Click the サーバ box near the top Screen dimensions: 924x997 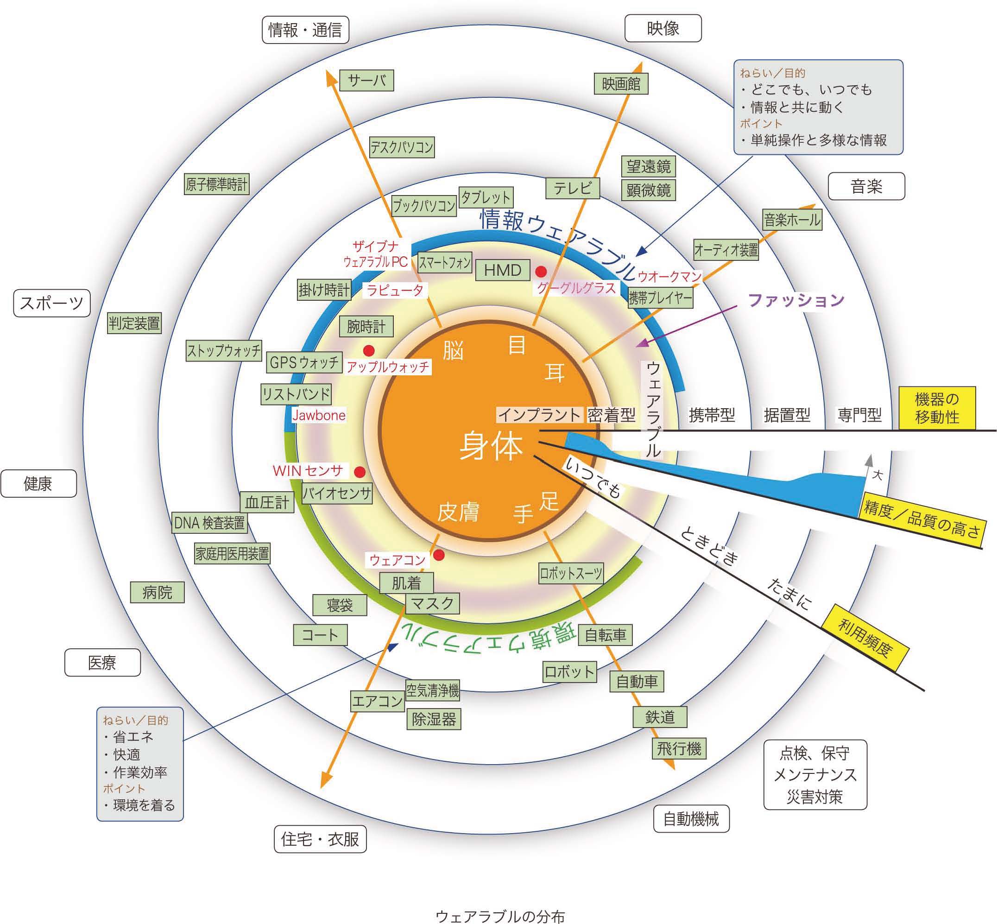pyautogui.click(x=366, y=81)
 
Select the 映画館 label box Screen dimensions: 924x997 pyautogui.click(x=621, y=83)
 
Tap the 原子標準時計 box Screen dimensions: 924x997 pyautogui.click(x=216, y=184)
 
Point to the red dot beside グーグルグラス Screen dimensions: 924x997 pyautogui.click(x=541, y=272)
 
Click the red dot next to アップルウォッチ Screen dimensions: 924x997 pyautogui.click(x=369, y=350)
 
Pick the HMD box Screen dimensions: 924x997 pyautogui.click(x=503, y=271)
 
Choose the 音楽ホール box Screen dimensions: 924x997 pyautogui.click(x=793, y=220)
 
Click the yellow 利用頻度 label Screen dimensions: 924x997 pyautogui.click(x=865, y=638)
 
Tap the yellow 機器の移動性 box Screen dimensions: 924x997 pyautogui.click(x=937, y=408)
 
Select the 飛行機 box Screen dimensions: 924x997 pyautogui.click(x=679, y=748)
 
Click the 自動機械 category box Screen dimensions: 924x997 pyautogui.click(x=691, y=819)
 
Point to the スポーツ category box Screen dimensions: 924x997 pyautogui.click(x=52, y=303)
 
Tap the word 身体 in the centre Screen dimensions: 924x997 pyautogui.click(x=492, y=446)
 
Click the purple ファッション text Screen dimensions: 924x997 pyautogui.click(x=796, y=300)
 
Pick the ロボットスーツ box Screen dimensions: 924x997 pyautogui.click(x=571, y=574)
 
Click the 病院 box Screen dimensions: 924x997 pyautogui.click(x=157, y=593)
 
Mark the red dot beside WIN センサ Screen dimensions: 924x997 pyautogui.click(x=360, y=472)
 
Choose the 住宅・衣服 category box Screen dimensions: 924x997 pyautogui.click(x=320, y=839)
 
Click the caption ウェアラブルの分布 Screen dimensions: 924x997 pyautogui.click(x=500, y=916)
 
